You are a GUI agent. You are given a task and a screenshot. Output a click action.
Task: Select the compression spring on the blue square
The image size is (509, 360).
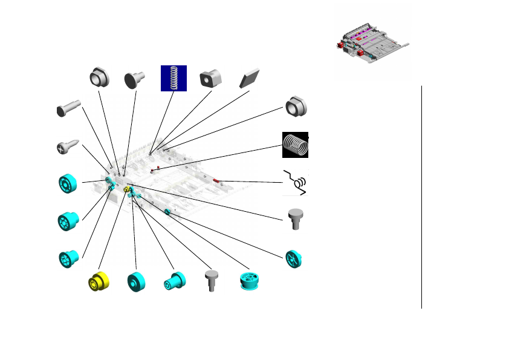coord(173,78)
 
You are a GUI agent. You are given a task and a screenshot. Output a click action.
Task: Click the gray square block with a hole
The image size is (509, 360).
coord(210,77)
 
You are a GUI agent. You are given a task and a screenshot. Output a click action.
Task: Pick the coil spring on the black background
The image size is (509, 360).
coord(296,145)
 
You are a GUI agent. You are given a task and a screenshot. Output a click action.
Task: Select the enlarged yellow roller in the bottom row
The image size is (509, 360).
coord(99,281)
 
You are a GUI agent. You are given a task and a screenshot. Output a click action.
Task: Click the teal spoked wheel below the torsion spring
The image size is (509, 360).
coord(294,259)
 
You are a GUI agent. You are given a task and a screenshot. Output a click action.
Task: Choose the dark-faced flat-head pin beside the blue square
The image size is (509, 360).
coord(135,79)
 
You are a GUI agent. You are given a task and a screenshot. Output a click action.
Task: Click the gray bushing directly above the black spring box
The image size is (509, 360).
coord(296,107)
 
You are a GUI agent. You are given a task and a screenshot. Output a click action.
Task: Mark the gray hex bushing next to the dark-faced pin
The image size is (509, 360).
coord(99,76)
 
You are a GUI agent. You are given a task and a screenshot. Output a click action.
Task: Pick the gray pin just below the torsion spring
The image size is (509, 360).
coord(296,218)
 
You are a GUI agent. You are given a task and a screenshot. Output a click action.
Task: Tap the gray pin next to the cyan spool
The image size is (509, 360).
coord(211,280)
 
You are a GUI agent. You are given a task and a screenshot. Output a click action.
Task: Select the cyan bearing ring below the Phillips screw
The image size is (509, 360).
coord(68,183)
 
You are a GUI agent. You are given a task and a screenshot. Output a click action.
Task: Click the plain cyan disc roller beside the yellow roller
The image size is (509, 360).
coord(137,282)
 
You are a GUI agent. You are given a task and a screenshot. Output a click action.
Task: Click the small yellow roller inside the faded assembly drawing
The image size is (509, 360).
coord(127,191)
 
